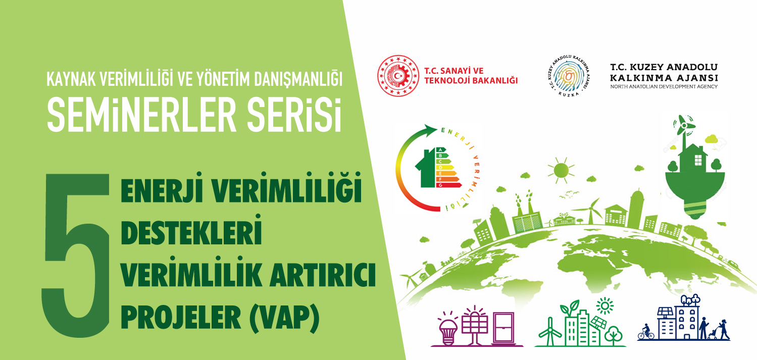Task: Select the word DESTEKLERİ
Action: pos(191,230)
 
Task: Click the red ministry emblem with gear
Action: pos(398,76)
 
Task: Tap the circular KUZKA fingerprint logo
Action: pos(568,76)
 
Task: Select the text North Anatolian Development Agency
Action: pos(664,86)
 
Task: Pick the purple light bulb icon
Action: pos(447,330)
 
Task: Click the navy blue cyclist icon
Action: pos(646,332)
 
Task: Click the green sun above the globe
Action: pos(561,170)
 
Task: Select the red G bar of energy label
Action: pos(448,185)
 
